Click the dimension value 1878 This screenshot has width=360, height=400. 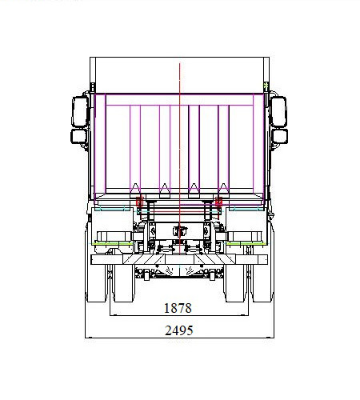178,308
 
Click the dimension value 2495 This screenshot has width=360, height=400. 179,330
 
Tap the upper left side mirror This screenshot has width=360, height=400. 80,111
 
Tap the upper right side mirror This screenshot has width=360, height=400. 278,111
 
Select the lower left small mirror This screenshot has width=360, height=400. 79,136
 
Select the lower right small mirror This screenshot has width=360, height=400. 280,136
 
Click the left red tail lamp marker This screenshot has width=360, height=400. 140,202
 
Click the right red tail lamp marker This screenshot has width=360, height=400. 218,202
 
